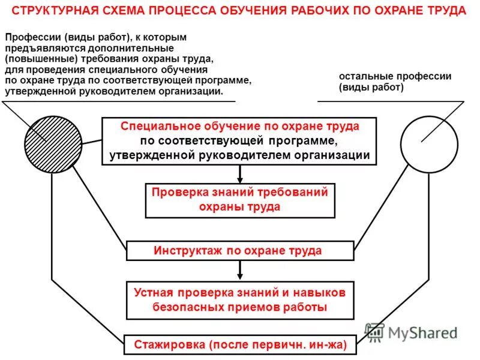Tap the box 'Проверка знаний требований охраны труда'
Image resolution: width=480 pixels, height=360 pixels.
[240, 200]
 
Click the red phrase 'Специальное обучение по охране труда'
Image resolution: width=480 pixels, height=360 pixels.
[240, 127]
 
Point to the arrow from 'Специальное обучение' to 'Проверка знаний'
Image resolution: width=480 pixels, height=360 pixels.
[240, 174]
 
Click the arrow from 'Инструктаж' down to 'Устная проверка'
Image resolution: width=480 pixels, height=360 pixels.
[240, 269]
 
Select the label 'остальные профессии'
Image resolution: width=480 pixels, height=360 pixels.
[395, 77]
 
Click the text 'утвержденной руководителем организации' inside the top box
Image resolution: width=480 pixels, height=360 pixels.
[240, 155]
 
